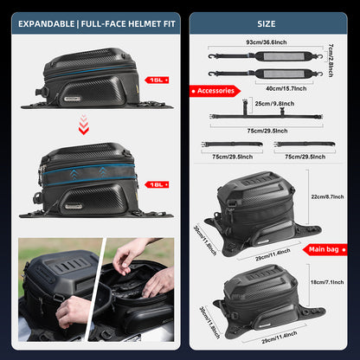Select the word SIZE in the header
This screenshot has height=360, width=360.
(x=267, y=23)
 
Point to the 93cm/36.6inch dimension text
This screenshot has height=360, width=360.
(x=267, y=41)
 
